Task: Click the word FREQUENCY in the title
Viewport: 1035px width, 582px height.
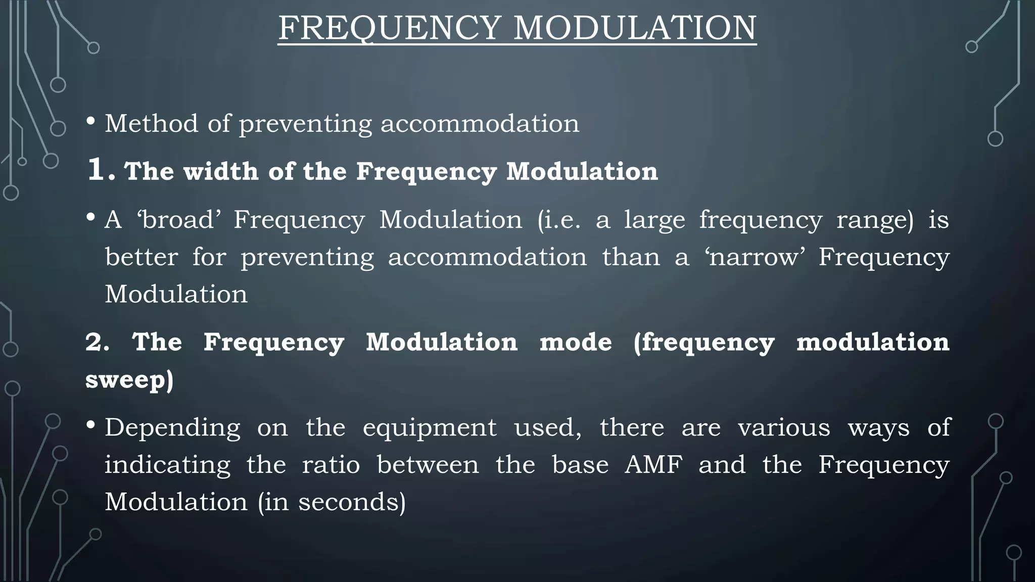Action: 390,28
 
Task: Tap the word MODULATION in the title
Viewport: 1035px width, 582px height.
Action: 635,28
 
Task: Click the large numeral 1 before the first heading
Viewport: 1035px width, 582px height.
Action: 96,169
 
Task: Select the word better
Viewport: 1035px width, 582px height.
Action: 142,257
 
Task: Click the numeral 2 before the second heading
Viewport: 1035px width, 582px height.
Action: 95,343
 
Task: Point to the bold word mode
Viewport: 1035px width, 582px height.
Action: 576,343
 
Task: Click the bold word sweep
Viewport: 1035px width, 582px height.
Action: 126,380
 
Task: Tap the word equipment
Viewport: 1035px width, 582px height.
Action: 430,428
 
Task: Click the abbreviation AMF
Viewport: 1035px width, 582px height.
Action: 653,465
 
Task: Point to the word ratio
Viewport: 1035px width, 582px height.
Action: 331,465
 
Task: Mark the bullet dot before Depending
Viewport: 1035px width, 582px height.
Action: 91,425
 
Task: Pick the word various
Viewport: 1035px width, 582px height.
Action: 784,428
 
